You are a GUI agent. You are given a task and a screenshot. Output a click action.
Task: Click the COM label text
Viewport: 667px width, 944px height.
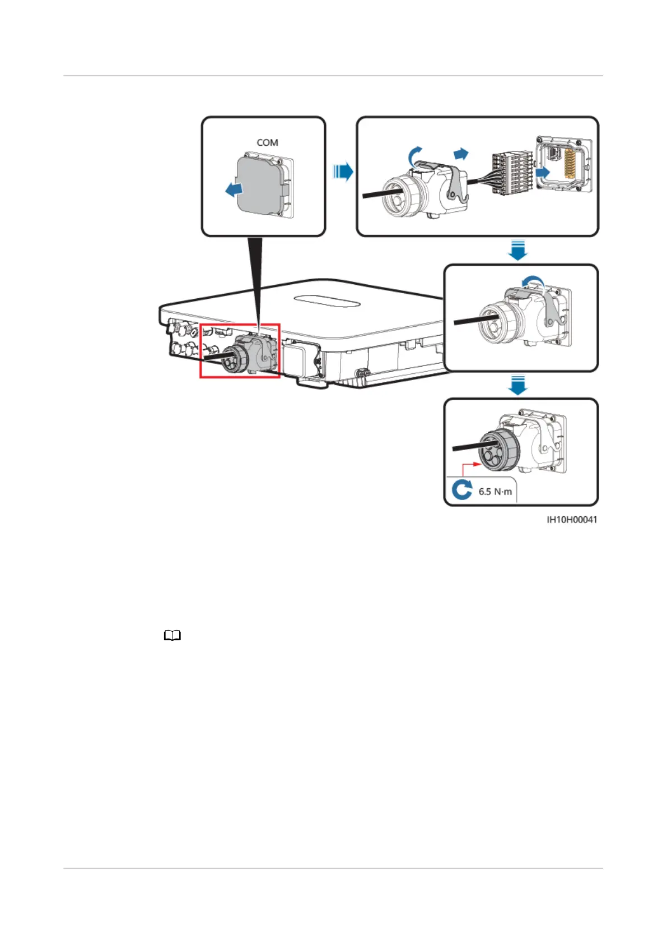[x=267, y=142]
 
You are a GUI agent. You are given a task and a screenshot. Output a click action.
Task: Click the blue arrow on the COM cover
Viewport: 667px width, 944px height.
[x=235, y=191]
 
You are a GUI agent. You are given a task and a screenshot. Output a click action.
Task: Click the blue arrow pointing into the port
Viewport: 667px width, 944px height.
[x=543, y=172]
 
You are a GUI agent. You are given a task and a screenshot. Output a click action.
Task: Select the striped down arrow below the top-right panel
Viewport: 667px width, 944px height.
[x=517, y=250]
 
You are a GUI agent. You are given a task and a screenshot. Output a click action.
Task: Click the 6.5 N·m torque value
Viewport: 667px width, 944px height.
[x=495, y=492]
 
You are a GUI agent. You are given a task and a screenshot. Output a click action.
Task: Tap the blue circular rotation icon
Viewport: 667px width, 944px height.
[x=461, y=490]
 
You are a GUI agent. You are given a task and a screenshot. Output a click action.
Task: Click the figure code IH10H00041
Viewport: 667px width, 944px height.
[x=571, y=520]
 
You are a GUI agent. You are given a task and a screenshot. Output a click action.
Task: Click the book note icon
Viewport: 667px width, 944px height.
[x=172, y=636]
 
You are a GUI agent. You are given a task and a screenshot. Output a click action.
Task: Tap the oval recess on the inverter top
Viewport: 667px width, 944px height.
[x=327, y=301]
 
